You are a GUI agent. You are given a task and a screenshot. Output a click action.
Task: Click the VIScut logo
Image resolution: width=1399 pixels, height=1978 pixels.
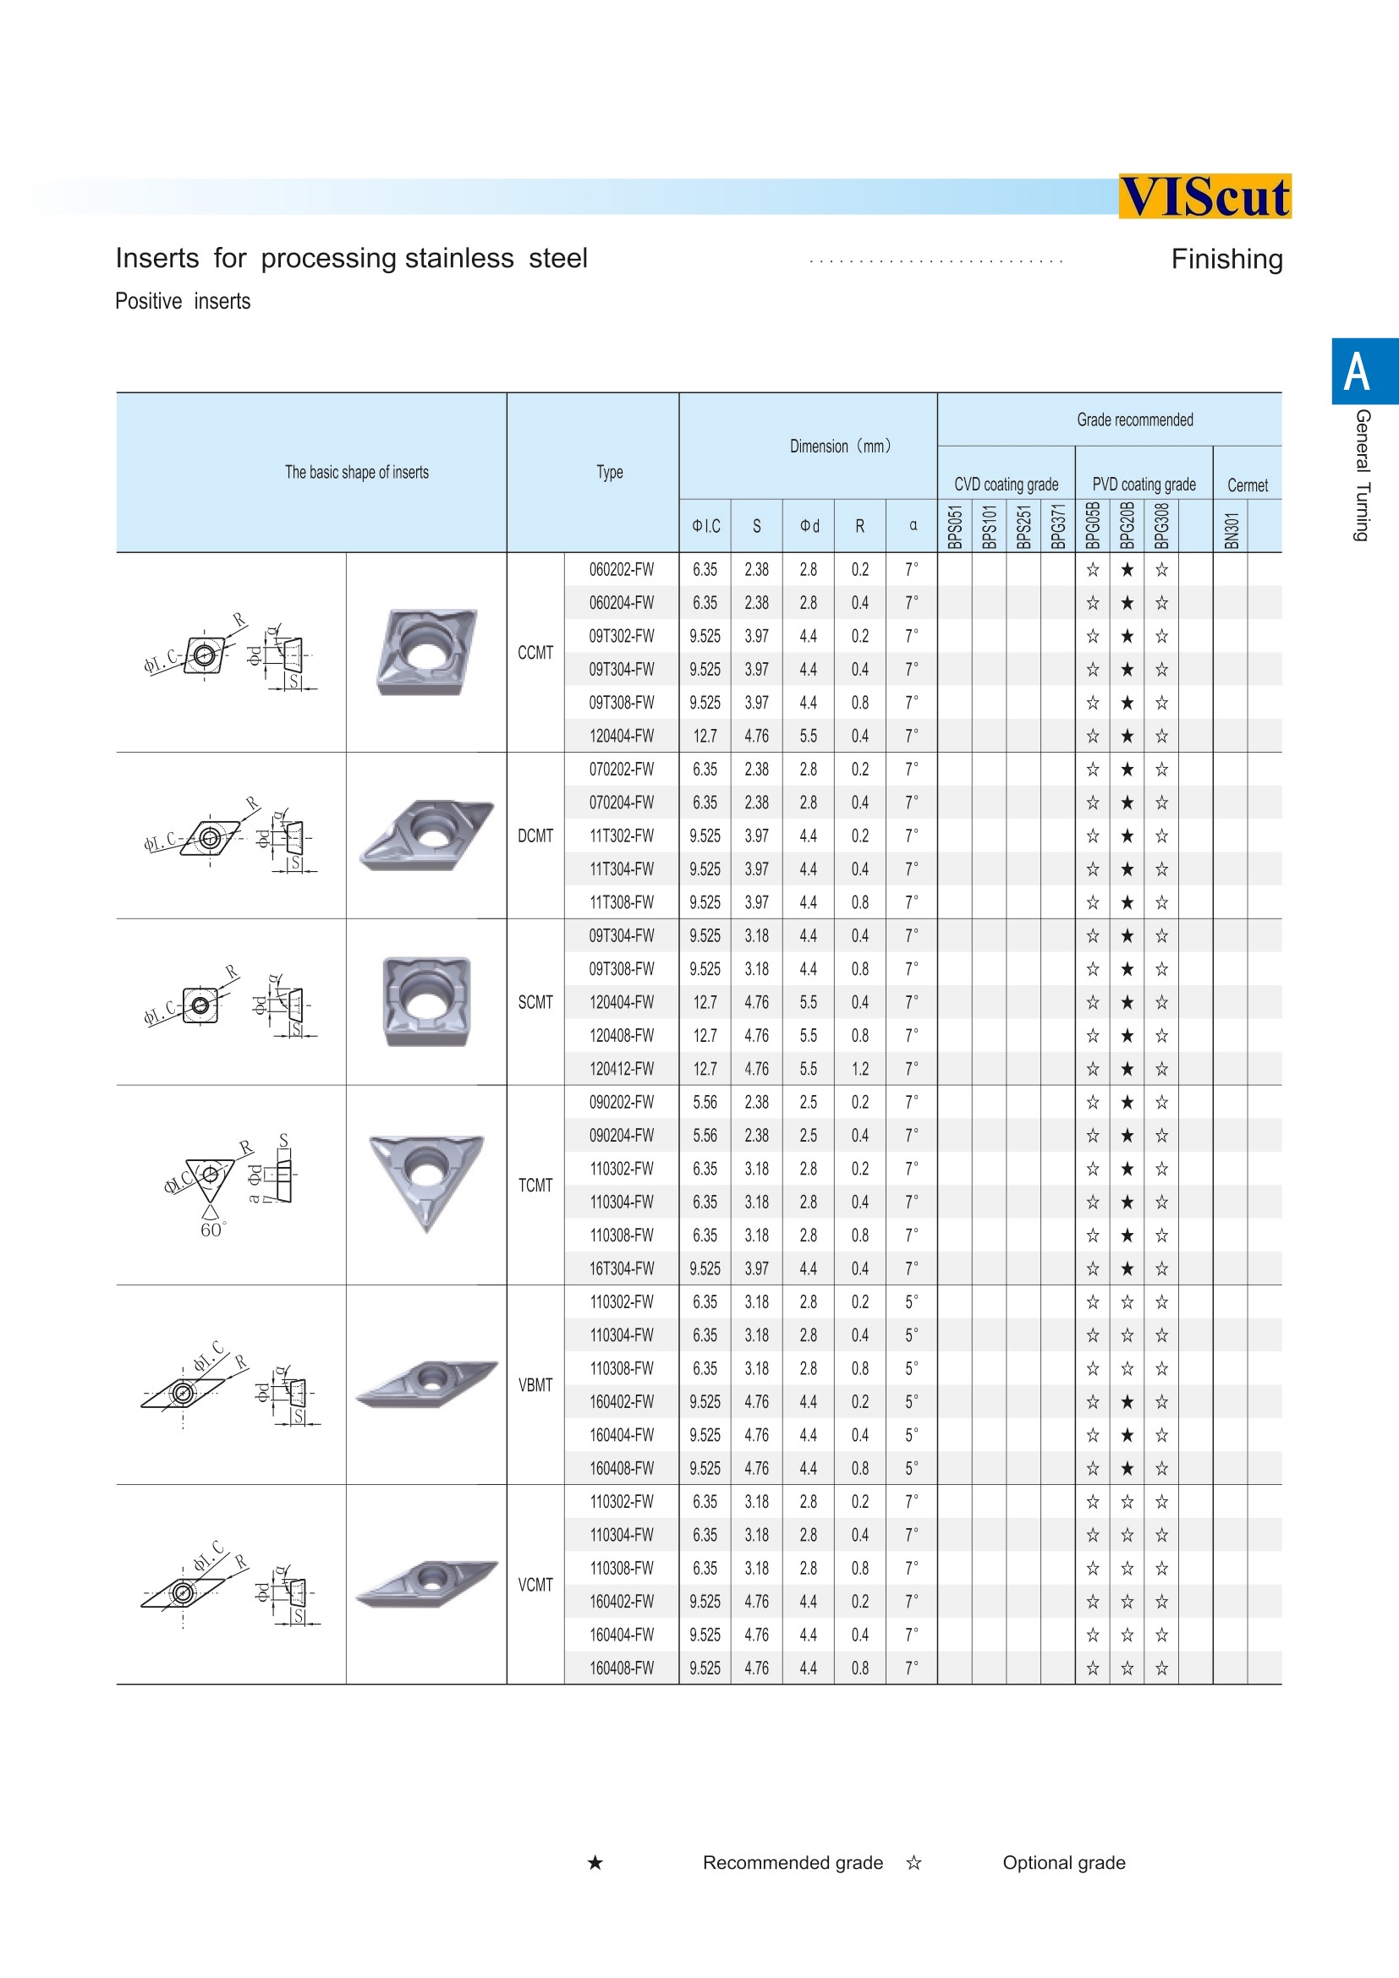pyautogui.click(x=1204, y=196)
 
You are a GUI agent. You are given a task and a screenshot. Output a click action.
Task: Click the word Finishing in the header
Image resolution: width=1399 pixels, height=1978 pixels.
pyautogui.click(x=1226, y=260)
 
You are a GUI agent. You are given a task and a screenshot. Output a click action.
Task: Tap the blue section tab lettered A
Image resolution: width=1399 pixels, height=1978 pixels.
pyautogui.click(x=1358, y=371)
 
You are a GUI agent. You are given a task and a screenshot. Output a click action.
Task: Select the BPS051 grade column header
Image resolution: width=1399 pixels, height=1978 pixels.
pyautogui.click(x=954, y=525)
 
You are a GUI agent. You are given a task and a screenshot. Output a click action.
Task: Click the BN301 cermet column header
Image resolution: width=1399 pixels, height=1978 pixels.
pyautogui.click(x=1231, y=529)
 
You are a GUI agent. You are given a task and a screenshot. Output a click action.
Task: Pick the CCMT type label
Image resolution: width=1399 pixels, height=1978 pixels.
pyautogui.click(x=535, y=653)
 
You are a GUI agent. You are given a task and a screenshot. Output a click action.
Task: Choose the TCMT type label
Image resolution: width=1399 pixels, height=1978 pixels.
pyautogui.click(x=535, y=1186)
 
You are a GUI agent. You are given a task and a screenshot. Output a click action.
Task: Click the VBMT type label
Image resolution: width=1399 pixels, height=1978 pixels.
pyautogui.click(x=535, y=1385)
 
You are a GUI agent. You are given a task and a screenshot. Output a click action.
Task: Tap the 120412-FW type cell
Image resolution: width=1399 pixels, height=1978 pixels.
pyautogui.click(x=621, y=1069)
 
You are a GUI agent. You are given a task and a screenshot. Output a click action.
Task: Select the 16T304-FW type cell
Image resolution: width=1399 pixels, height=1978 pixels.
pyautogui.click(x=621, y=1269)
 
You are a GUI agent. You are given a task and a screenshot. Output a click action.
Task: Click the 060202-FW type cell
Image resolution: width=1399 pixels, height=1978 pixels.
pyautogui.click(x=621, y=569)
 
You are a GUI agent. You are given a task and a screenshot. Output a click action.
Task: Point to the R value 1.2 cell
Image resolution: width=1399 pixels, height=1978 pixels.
pyautogui.click(x=859, y=1069)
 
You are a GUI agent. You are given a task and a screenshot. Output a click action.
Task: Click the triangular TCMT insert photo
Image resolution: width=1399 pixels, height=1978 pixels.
pyautogui.click(x=426, y=1180)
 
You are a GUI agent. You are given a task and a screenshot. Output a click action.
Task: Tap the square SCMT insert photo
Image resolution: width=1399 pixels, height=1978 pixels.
pyautogui.click(x=426, y=1001)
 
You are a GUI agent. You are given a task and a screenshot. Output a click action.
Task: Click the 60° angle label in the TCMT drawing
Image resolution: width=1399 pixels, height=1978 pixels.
pyautogui.click(x=212, y=1230)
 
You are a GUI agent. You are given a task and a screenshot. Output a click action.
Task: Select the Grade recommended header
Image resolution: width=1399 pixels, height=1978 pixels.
pyautogui.click(x=1134, y=420)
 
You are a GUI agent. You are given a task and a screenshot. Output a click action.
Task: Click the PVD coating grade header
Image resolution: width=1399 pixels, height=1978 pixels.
pyautogui.click(x=1144, y=485)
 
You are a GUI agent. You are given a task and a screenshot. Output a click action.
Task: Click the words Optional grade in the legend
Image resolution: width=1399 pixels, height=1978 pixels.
pyautogui.click(x=1063, y=1862)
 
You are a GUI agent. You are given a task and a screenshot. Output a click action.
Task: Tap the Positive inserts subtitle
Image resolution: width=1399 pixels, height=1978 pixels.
pyautogui.click(x=183, y=302)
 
